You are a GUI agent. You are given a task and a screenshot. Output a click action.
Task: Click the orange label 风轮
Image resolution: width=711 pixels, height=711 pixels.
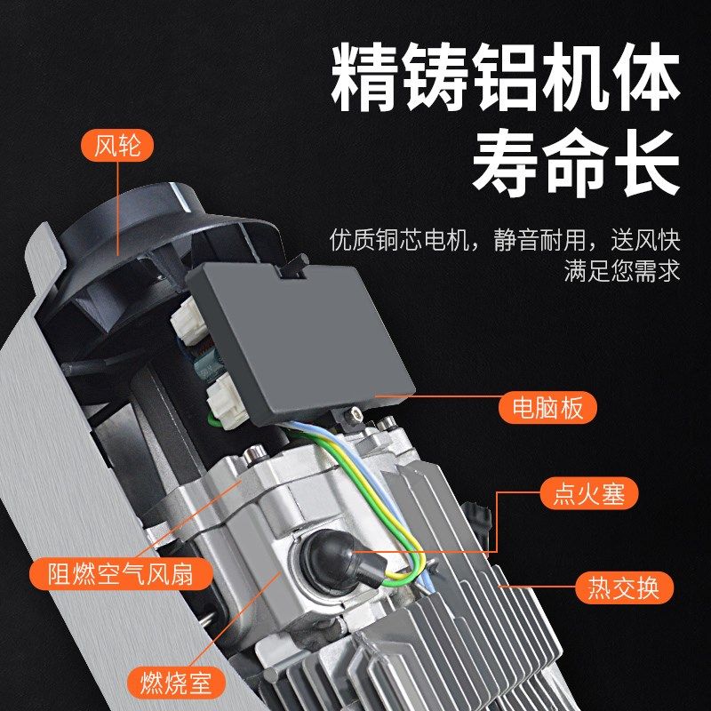(117, 145)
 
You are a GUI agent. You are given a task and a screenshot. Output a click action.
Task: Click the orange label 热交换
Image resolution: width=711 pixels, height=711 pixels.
(624, 587)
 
